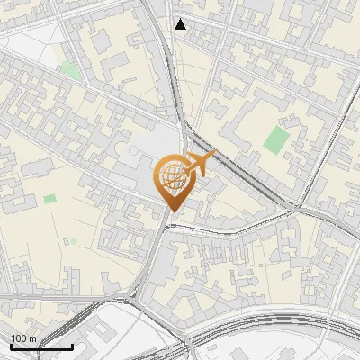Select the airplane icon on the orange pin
point(201,164)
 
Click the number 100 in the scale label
point(20,339)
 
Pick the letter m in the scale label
point(32,339)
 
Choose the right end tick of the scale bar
point(72,346)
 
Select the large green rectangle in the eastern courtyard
point(277,139)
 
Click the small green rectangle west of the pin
point(49,198)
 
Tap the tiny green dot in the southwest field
point(65,241)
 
